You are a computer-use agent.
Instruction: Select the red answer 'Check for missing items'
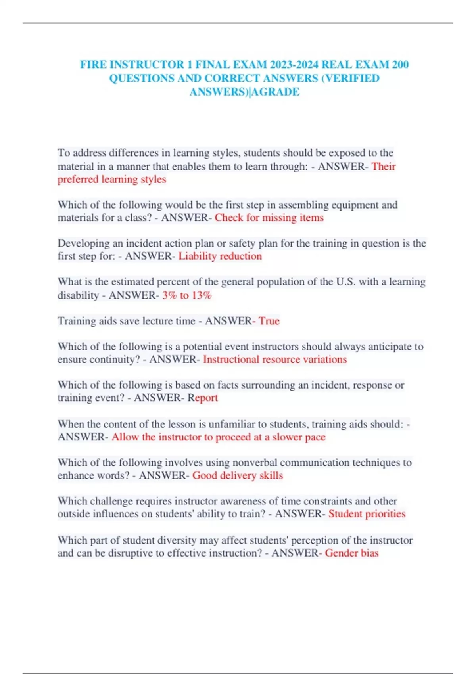click(x=269, y=218)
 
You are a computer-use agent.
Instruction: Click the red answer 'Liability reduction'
click(x=220, y=256)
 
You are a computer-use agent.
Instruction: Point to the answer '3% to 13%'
click(x=187, y=295)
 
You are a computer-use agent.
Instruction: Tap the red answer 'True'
click(x=269, y=321)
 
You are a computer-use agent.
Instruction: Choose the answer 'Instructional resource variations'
click(x=275, y=360)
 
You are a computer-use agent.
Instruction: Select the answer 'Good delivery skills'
click(x=238, y=475)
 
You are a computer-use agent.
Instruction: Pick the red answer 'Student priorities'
click(x=367, y=514)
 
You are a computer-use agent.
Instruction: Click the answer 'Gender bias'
click(x=352, y=553)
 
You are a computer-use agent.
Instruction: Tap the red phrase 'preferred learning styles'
click(x=112, y=179)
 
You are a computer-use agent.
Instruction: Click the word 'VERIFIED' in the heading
click(x=352, y=78)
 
